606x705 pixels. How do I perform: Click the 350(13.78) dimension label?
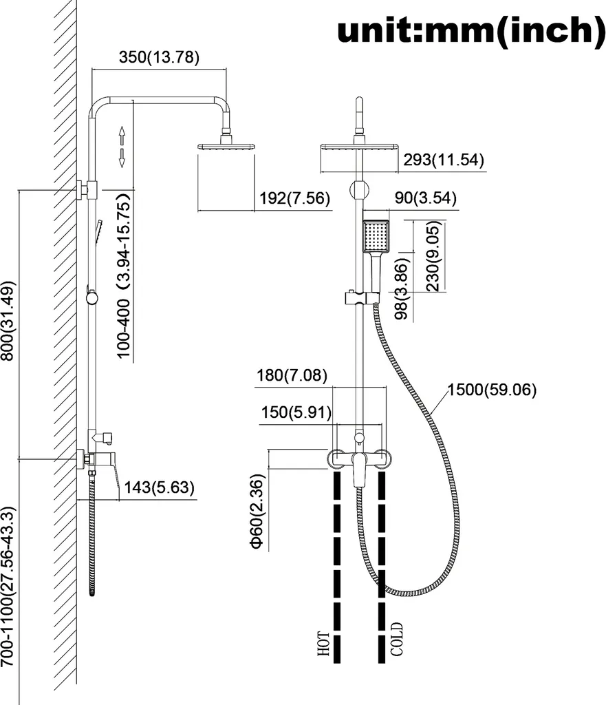pyautogui.click(x=159, y=57)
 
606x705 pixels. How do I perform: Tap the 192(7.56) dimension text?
pyautogui.click(x=294, y=198)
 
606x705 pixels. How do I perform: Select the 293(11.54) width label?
pyautogui.click(x=444, y=160)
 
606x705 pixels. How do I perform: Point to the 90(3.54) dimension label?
pyautogui.click(x=425, y=198)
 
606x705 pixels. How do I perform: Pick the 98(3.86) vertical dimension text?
pyautogui.click(x=402, y=288)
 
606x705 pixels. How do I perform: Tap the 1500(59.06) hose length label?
pyautogui.click(x=492, y=390)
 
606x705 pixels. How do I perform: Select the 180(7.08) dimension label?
pyautogui.click(x=292, y=375)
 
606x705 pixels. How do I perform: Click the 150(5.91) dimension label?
pyautogui.click(x=296, y=412)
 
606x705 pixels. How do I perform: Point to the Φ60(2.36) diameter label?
pyautogui.click(x=257, y=512)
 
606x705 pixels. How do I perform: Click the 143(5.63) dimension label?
pyautogui.click(x=159, y=487)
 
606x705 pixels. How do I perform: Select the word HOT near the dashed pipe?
pyautogui.click(x=323, y=644)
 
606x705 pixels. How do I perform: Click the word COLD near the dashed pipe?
pyautogui.click(x=397, y=639)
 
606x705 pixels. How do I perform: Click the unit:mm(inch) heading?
pyautogui.click(x=470, y=30)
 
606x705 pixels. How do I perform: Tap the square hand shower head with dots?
pyautogui.click(x=375, y=236)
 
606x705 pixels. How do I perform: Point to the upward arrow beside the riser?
pyautogui.click(x=122, y=136)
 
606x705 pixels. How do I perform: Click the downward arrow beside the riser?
pyautogui.click(x=122, y=158)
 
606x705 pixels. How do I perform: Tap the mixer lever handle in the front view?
pyautogui.click(x=358, y=470)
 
